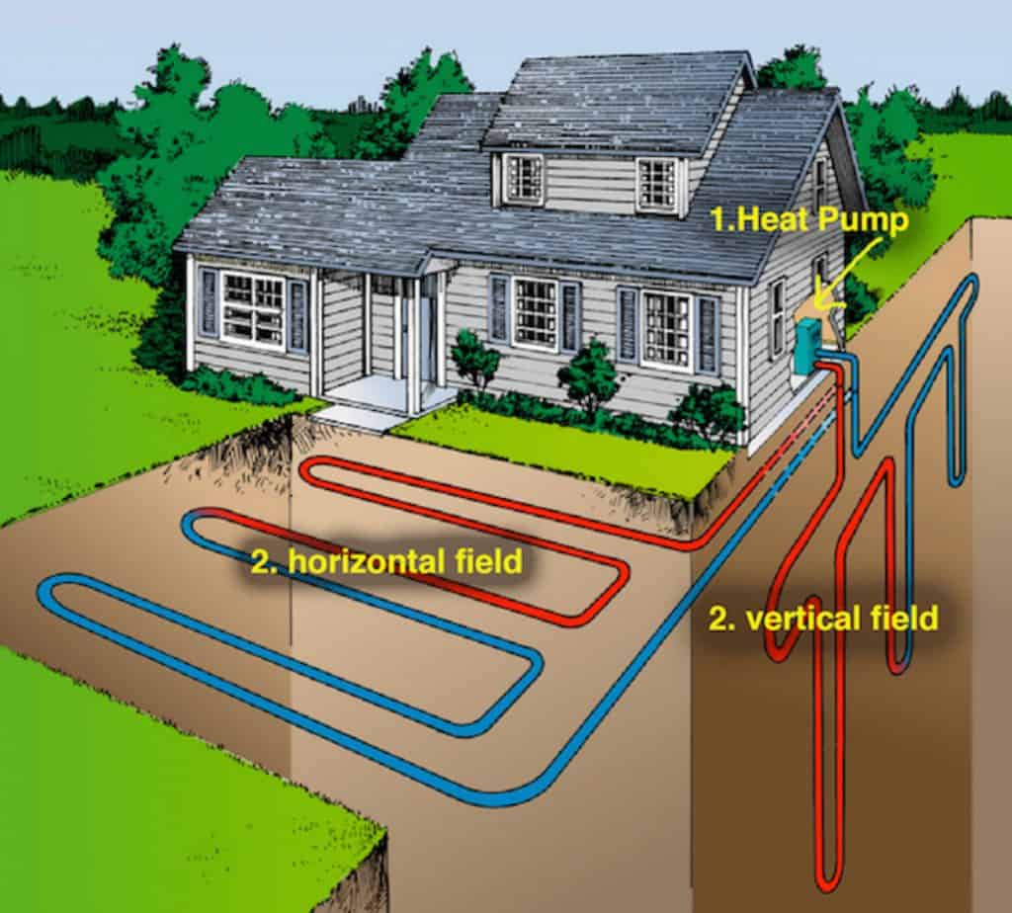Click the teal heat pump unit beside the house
[x=808, y=345]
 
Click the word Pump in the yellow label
[x=870, y=220]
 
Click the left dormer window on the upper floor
[x=524, y=179]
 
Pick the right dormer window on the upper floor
[x=656, y=184]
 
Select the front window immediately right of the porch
[x=535, y=312]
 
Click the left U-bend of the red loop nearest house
[x=308, y=472]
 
